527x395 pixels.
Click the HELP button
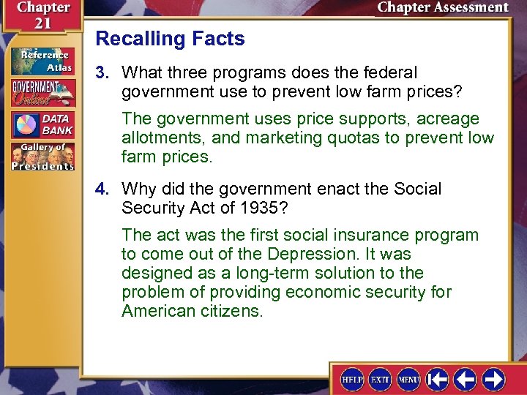click(x=352, y=379)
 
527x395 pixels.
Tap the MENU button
click(x=408, y=379)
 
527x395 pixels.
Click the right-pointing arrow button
click(x=493, y=379)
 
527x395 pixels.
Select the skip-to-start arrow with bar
click(x=438, y=379)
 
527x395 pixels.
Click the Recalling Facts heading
click(x=170, y=39)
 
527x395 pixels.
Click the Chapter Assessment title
click(x=442, y=8)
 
